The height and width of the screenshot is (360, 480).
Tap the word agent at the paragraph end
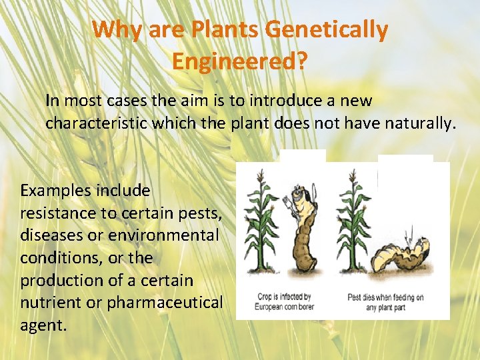click(43, 326)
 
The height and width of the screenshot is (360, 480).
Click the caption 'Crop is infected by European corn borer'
click(284, 302)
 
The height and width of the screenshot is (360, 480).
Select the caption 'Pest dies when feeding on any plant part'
click(385, 302)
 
